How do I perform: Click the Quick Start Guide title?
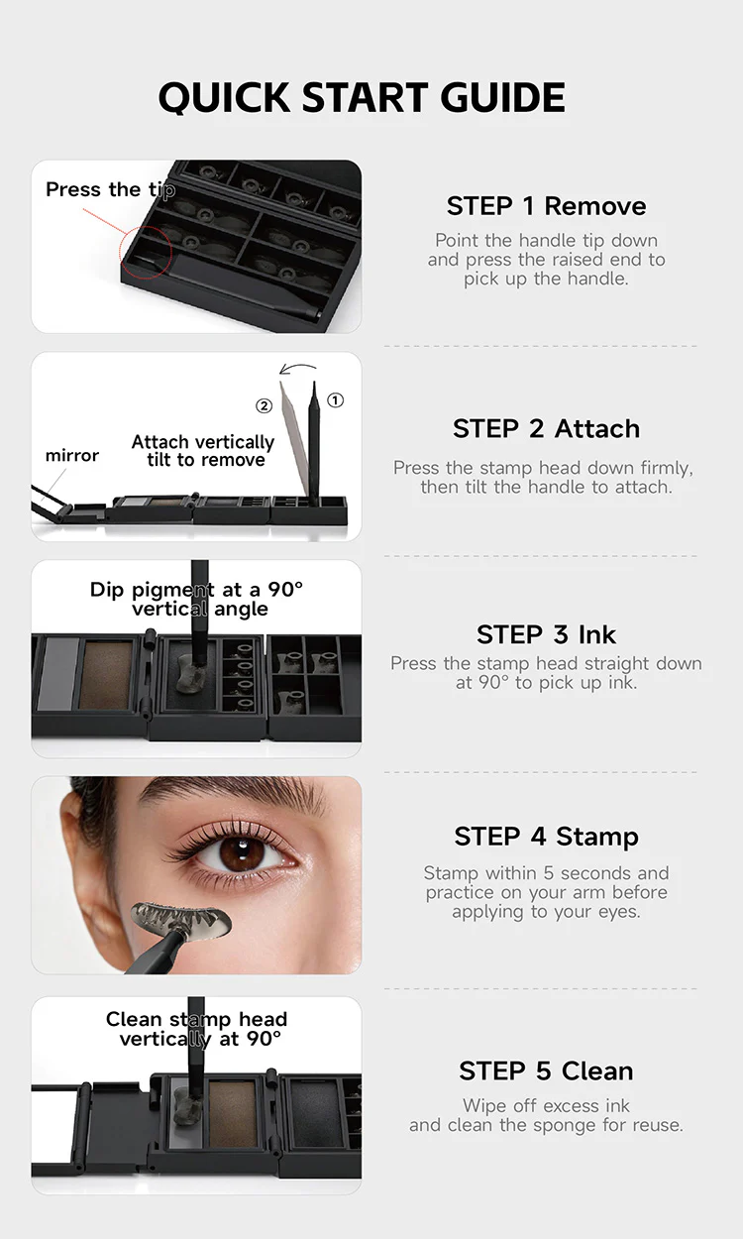tap(362, 98)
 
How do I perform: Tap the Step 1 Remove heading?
tap(546, 206)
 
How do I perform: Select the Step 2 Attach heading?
tap(546, 428)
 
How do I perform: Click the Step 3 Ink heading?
tap(546, 634)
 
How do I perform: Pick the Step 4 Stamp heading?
tap(546, 836)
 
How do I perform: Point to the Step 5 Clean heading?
tap(546, 1070)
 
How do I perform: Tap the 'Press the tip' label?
tap(111, 189)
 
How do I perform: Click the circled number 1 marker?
tap(336, 399)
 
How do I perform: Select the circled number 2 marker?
tap(264, 406)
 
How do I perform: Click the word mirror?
tap(72, 455)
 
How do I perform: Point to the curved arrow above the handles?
tap(297, 366)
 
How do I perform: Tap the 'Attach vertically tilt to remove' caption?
tap(203, 450)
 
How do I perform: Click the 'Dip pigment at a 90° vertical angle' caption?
tap(197, 599)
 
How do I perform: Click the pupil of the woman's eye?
tap(242, 854)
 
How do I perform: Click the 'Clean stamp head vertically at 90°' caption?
tap(197, 1029)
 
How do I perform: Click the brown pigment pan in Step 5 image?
tap(232, 1113)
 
